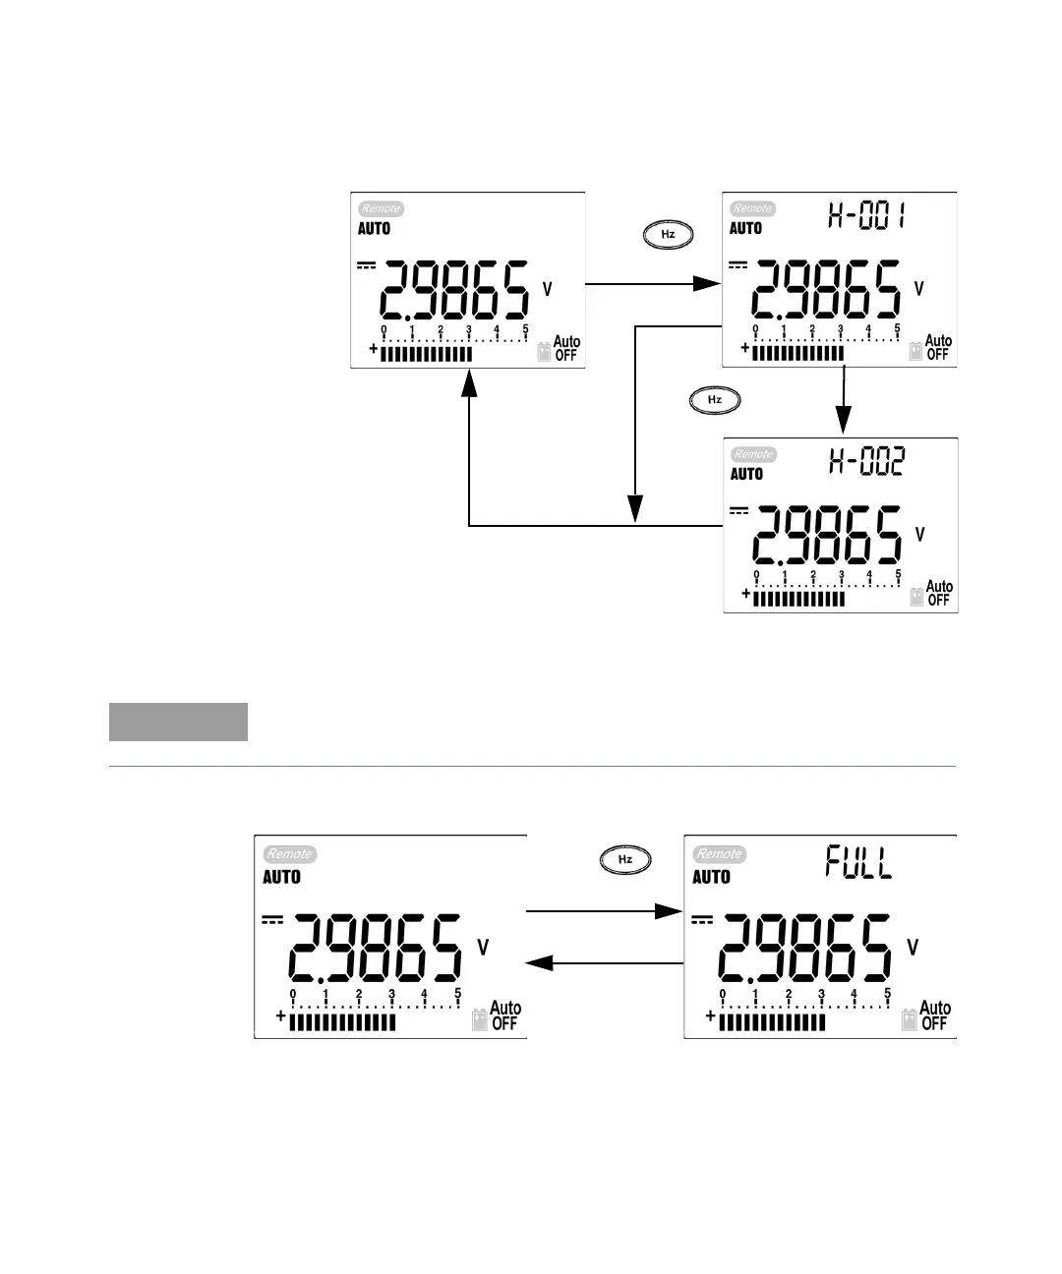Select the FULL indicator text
pos(858,864)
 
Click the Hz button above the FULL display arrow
pos(624,860)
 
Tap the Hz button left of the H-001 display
pos(668,235)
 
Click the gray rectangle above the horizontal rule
pos(178,722)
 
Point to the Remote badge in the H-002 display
pos(753,454)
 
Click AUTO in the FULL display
pos(712,877)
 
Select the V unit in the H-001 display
pos(919,288)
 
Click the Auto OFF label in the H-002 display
pos(939,593)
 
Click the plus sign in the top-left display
pos(374,350)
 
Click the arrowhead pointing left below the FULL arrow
pos(544,963)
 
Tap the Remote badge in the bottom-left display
pos(289,854)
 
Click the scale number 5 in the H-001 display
pos(898,328)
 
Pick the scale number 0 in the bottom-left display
pos(293,994)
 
